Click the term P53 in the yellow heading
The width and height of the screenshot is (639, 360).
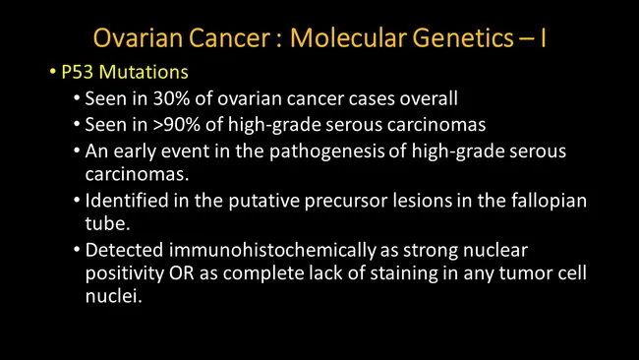click(77, 74)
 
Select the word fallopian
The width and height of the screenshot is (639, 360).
click(548, 201)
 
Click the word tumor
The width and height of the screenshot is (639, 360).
click(508, 273)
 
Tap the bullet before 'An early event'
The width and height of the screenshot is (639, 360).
click(78, 150)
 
